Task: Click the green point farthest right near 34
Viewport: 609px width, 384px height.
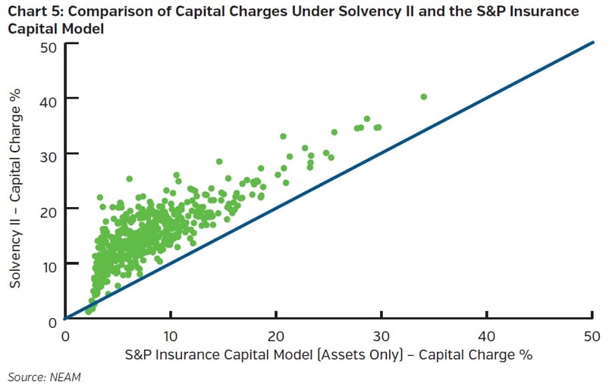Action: click(x=424, y=96)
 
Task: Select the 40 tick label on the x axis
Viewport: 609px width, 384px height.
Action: click(x=487, y=335)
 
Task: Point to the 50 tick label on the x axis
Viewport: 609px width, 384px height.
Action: click(x=592, y=335)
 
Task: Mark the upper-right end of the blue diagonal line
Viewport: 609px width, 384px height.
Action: click(x=592, y=42)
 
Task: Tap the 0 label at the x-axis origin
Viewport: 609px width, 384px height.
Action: click(x=65, y=335)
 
